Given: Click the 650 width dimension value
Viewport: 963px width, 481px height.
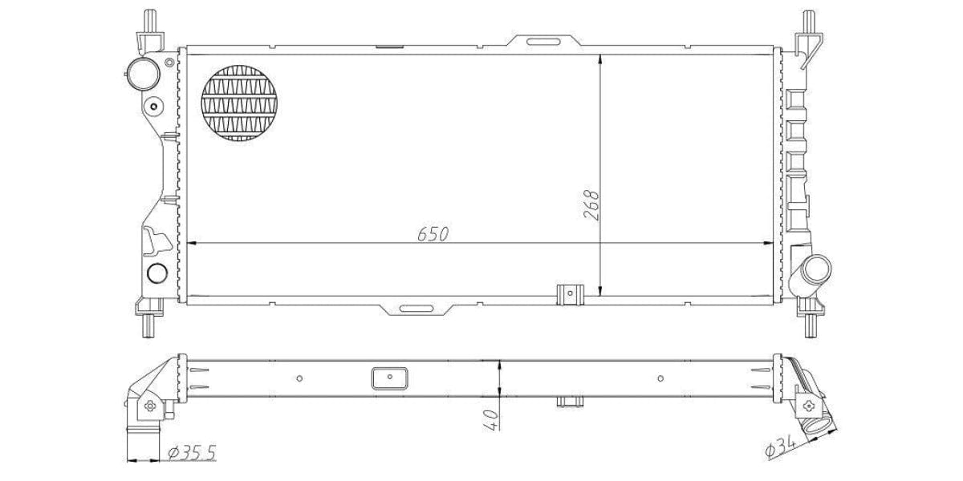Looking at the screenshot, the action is point(433,234).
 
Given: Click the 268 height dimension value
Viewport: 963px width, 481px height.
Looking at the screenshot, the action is point(591,205).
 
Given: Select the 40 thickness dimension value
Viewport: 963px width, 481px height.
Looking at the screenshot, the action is point(491,419).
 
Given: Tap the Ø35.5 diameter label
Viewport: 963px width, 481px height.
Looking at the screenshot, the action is point(192,453).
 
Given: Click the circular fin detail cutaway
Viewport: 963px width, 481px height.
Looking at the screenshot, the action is point(239,103).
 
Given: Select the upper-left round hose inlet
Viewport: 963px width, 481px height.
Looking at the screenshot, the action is point(144,74).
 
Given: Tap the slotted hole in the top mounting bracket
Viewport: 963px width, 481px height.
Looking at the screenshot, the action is point(543,42).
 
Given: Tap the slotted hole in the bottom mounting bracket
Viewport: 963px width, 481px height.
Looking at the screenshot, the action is point(416,309).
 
